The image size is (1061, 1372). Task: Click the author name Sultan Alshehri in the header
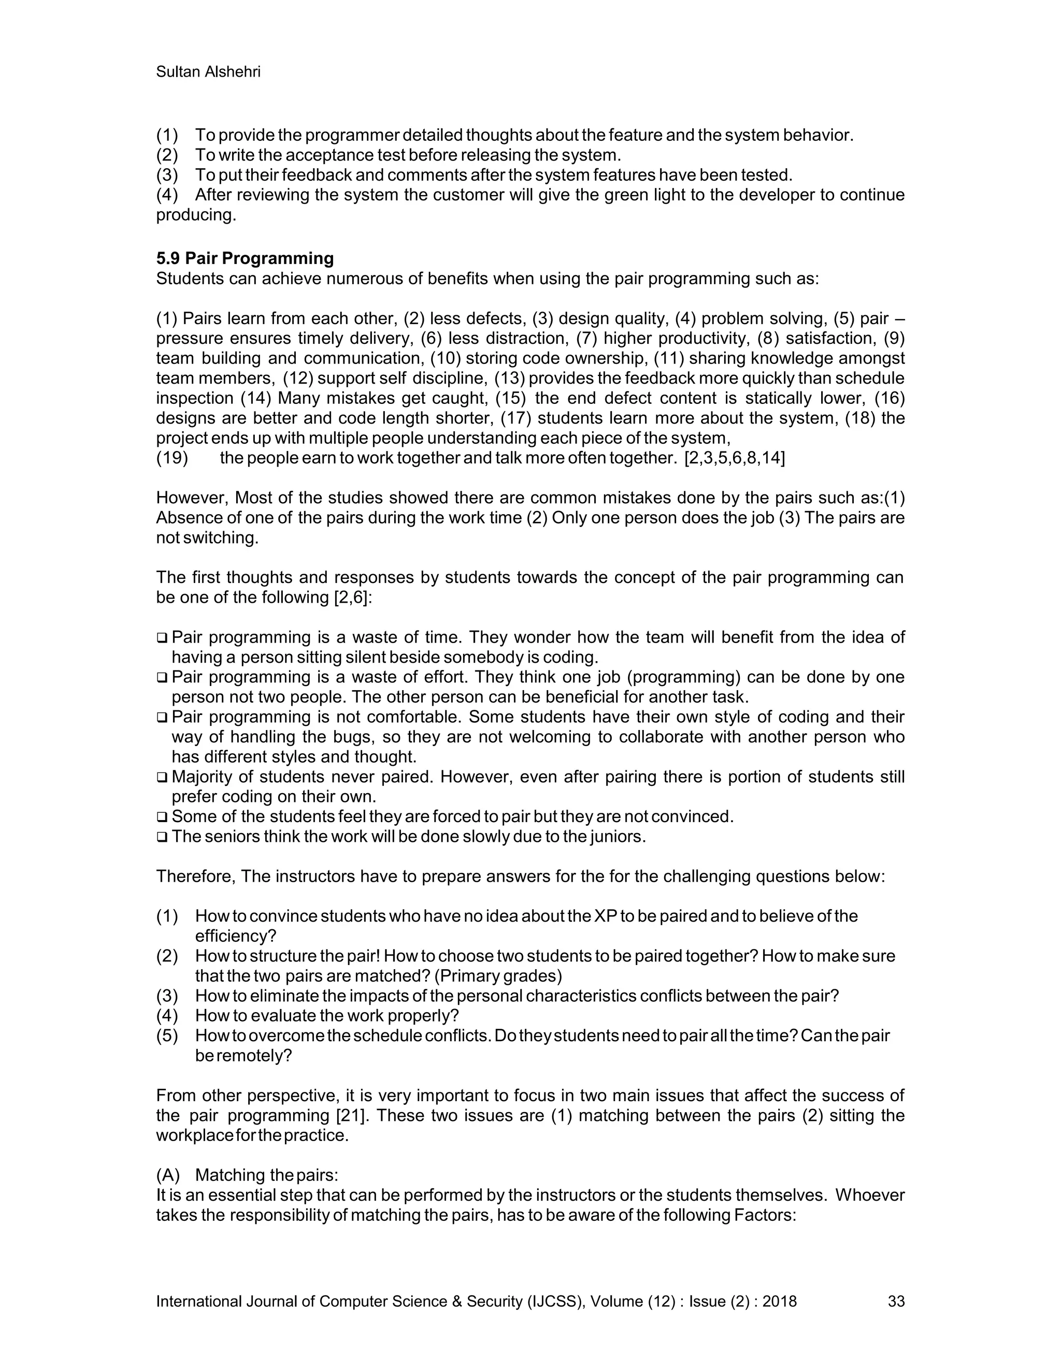click(x=208, y=72)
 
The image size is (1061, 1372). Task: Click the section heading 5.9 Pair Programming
click(x=245, y=258)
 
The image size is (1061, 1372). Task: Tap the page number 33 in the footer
click(x=896, y=1301)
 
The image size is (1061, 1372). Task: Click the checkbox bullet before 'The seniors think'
click(x=162, y=837)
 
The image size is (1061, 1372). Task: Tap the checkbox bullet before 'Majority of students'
click(x=162, y=778)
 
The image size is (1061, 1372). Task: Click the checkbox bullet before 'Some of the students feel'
click(x=162, y=818)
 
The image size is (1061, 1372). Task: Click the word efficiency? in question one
click(x=236, y=936)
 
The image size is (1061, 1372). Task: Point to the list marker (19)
click(x=172, y=458)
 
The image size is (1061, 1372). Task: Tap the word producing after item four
click(x=195, y=215)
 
